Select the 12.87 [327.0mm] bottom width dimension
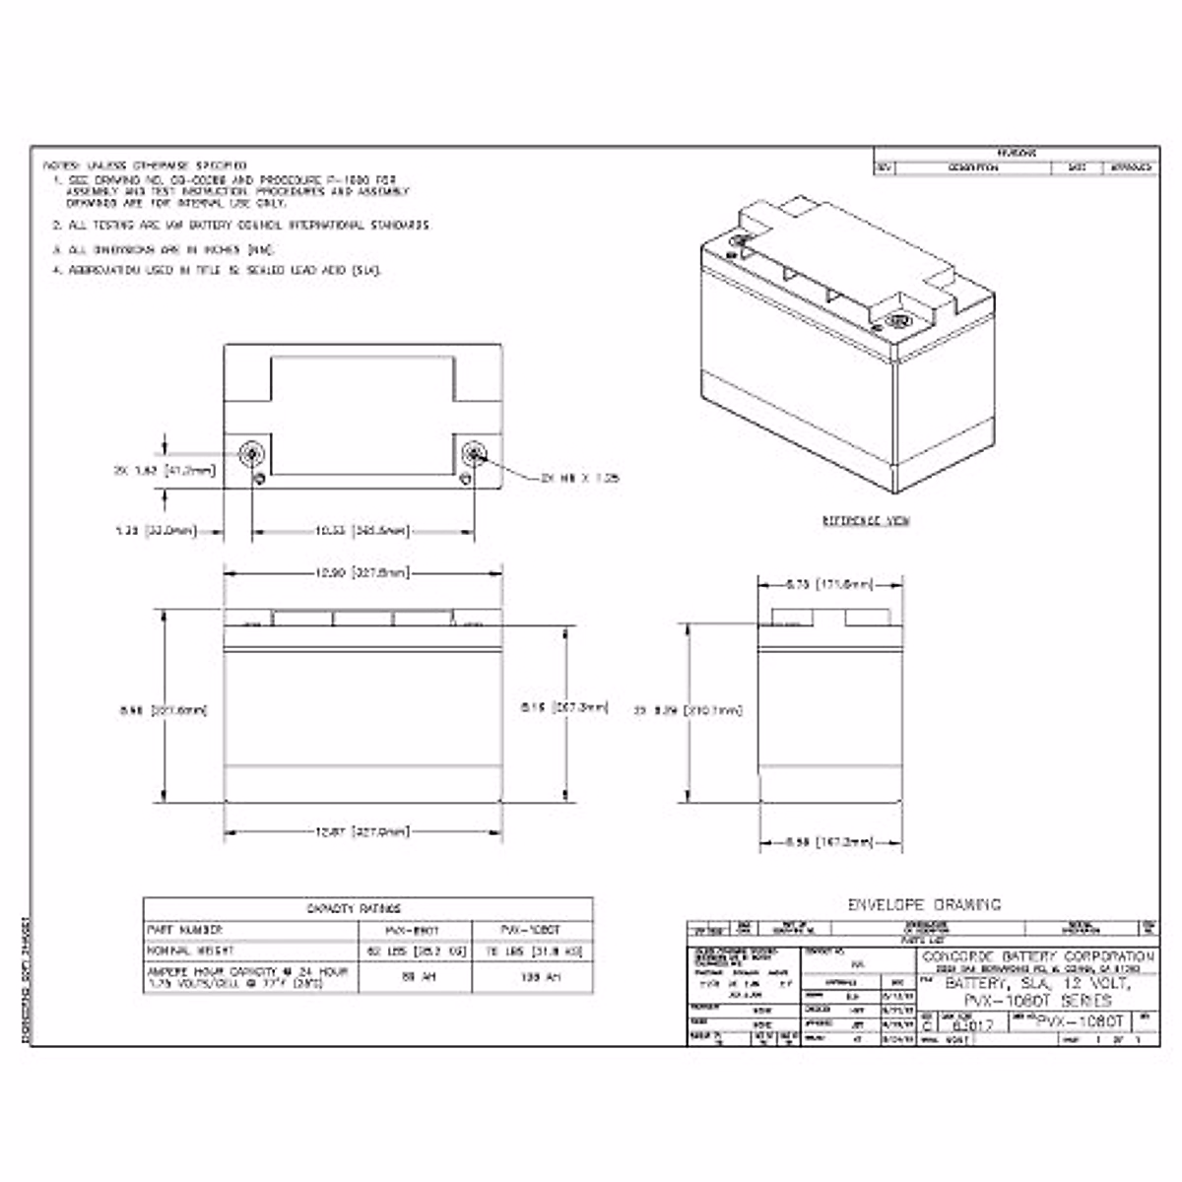click(362, 832)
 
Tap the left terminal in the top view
click(253, 453)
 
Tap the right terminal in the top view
click(475, 453)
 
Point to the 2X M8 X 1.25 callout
click(579, 478)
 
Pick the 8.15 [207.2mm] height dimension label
click(563, 707)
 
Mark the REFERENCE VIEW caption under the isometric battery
click(866, 520)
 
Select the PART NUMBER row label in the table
click(185, 930)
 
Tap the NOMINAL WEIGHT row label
click(190, 952)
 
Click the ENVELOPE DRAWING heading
click(924, 904)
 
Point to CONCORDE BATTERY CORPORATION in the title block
click(1037, 956)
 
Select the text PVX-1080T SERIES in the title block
click(1037, 1000)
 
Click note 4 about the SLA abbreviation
click(217, 270)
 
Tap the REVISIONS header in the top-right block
click(1016, 153)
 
